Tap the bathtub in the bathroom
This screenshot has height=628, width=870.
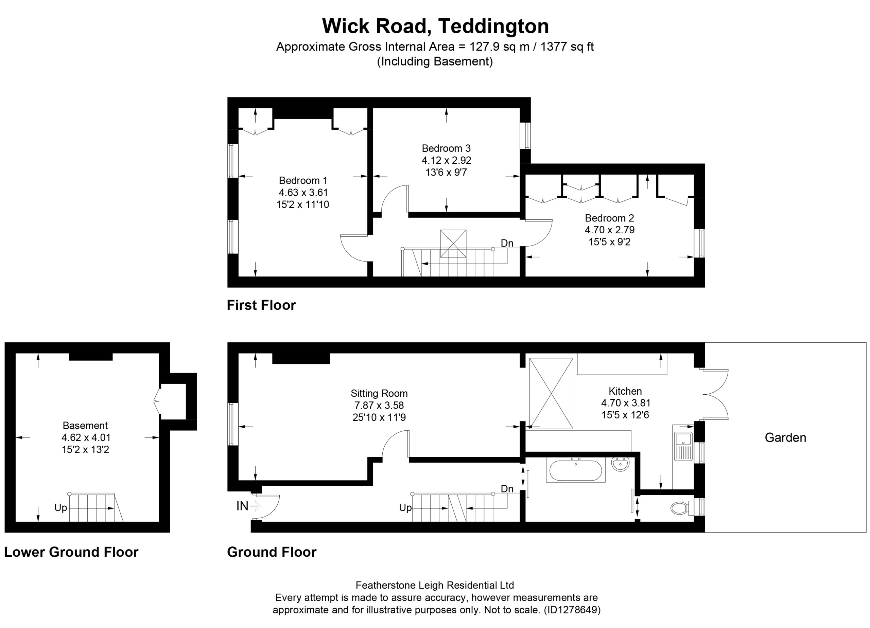point(576,470)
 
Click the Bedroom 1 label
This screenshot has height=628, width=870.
point(303,180)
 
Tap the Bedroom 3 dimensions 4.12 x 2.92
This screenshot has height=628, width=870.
point(447,160)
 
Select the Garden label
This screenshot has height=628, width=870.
point(785,437)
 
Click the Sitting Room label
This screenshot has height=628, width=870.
point(379,393)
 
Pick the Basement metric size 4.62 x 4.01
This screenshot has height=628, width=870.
point(86,437)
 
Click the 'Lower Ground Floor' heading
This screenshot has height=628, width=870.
point(71,552)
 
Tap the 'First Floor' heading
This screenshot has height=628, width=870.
point(261,305)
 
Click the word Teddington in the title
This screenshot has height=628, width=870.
point(494,26)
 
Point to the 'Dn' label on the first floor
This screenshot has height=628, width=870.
point(507,243)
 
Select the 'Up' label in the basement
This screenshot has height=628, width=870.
point(60,508)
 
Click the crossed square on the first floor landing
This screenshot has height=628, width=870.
point(453,244)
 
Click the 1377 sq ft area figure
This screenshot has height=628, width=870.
point(567,47)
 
